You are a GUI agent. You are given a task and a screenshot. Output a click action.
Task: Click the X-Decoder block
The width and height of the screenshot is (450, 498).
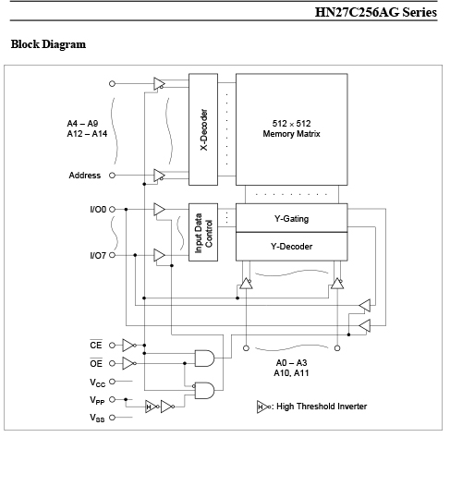point(203,129)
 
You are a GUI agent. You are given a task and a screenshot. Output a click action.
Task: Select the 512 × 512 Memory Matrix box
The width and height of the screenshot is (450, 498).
point(292,129)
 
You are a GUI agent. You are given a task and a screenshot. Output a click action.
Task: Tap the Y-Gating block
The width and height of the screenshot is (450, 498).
point(292,218)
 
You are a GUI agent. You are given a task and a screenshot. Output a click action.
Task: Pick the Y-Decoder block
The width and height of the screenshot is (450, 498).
point(292,247)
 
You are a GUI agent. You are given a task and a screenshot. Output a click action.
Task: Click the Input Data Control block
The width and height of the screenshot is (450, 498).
point(203,232)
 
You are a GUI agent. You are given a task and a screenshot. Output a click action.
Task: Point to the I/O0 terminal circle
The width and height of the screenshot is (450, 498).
point(112,210)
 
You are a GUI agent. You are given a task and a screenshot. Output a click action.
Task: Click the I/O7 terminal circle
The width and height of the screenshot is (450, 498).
point(112,255)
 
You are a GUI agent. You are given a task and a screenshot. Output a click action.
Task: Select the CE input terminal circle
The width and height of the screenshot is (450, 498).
point(112,346)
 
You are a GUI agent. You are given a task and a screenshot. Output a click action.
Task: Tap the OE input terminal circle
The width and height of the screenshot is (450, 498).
point(112,363)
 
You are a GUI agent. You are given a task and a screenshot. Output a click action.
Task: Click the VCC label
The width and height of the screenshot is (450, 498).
point(97,383)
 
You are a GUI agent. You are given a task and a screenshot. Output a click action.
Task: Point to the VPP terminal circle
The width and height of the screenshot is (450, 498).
point(112,399)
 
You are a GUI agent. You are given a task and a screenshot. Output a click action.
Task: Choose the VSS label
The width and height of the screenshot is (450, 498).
point(97,418)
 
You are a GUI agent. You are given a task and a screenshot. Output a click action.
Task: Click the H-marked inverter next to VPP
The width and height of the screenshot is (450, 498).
point(152,407)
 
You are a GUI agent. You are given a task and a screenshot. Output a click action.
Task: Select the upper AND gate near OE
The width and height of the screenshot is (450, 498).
point(204,358)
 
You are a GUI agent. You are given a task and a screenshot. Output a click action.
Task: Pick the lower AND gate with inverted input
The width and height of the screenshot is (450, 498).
point(203,390)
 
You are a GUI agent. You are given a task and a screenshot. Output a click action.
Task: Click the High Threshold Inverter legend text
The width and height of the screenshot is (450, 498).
point(322,407)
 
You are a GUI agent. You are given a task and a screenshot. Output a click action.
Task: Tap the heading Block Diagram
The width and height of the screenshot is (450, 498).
point(48,44)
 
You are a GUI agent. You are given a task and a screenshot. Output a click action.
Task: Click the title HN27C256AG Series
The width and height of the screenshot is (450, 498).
point(376,12)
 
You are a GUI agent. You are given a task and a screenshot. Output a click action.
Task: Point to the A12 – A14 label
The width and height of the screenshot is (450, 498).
point(87,134)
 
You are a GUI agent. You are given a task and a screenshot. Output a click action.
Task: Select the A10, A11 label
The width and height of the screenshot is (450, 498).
point(291,373)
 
